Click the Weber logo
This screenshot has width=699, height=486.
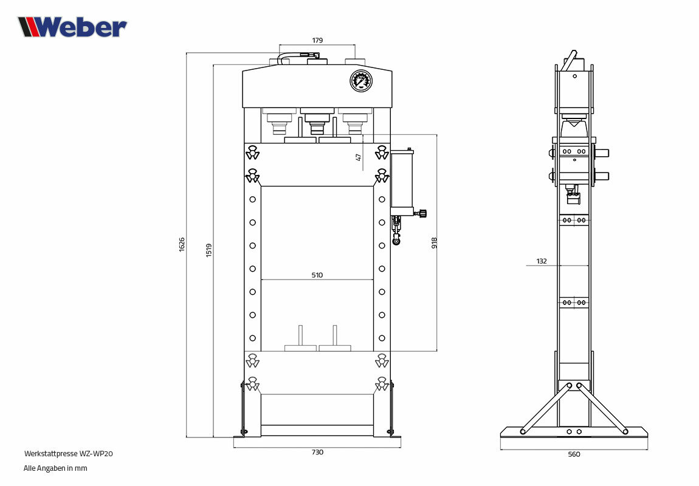72,27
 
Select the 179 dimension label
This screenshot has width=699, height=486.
317,40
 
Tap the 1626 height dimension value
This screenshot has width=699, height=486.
182,245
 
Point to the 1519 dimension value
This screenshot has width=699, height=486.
209,250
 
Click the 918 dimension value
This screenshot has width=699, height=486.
434,243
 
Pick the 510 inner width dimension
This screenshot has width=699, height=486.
317,275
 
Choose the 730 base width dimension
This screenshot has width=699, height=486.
317,452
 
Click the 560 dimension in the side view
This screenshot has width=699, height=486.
574,454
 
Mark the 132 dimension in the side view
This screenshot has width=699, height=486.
542,261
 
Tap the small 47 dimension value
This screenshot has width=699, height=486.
359,157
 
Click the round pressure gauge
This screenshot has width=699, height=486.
360,81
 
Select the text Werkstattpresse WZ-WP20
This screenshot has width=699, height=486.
68,453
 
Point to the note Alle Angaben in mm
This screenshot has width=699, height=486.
55,468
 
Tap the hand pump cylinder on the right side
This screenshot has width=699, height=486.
402,179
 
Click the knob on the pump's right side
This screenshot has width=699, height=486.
422,213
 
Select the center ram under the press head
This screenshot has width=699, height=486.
317,120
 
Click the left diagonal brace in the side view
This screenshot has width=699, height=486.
546,408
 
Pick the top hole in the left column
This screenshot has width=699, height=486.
252,199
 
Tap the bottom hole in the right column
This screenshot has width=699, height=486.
382,338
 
